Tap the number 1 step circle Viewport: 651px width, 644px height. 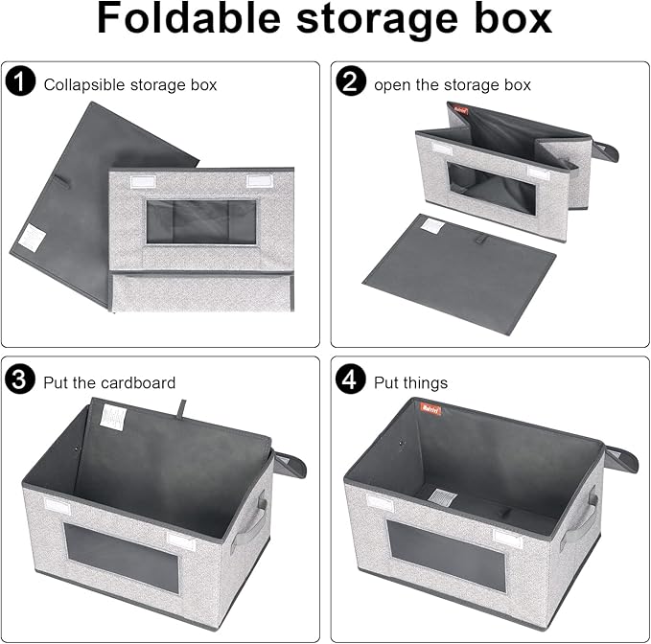22,83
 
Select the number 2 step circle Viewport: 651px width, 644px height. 353,83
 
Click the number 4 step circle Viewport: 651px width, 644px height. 353,381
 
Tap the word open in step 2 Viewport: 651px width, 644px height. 393,84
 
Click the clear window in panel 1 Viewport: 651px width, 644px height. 199,222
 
